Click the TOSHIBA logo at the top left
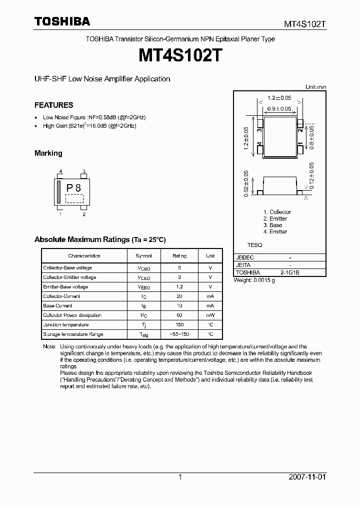62,21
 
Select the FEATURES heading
53,105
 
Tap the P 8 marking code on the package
73,188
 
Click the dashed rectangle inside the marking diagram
74,198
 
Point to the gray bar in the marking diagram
59,192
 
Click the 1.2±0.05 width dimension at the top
279,98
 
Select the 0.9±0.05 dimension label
279,108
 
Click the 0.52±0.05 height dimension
246,183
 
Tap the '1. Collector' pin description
277,212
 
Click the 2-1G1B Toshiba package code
290,273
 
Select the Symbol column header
143,255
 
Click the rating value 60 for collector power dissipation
179,315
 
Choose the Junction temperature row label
66,325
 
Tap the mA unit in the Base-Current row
210,306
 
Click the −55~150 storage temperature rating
179,334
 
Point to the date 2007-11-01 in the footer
307,477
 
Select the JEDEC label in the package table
245,257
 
